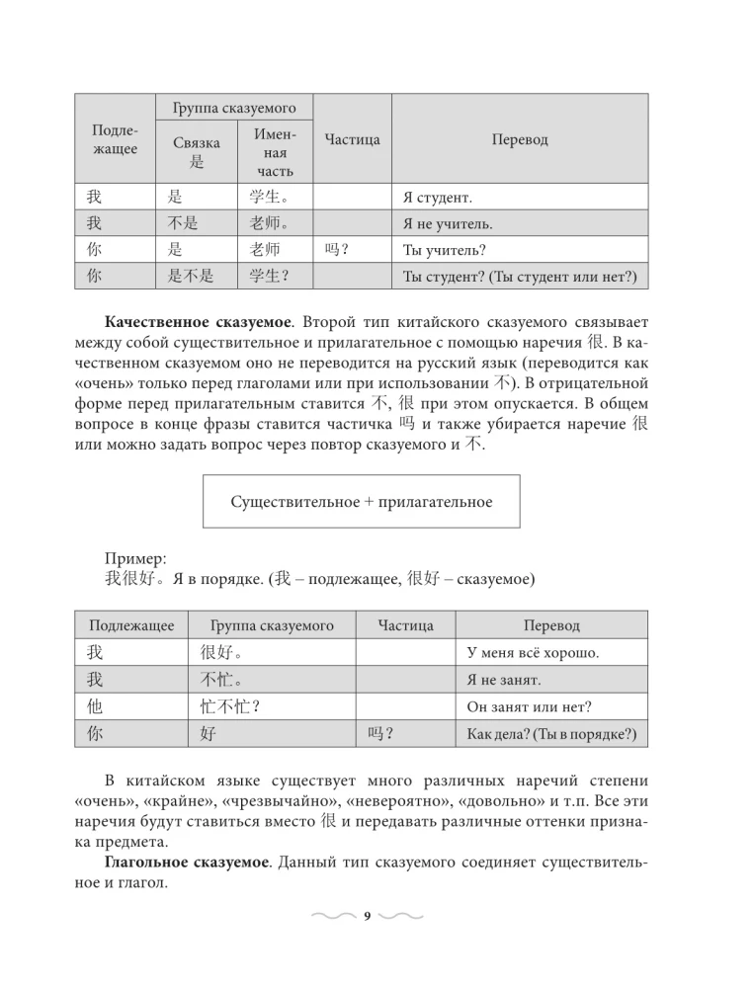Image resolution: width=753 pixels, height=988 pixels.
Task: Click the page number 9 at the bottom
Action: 367,917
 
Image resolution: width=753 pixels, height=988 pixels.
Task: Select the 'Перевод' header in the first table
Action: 520,139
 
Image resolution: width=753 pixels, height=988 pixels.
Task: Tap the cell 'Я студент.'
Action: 438,198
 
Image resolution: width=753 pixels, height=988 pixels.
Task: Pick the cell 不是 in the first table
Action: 184,223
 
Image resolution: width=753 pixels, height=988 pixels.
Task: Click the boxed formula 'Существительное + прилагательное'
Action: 361,501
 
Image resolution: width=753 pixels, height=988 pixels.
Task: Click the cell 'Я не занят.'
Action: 503,681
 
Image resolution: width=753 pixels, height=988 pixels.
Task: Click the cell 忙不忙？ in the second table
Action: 222,706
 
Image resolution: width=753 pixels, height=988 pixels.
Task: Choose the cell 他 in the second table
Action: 95,706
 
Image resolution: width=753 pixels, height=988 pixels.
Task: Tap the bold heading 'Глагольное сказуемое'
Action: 187,864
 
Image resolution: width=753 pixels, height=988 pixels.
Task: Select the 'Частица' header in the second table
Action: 405,625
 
